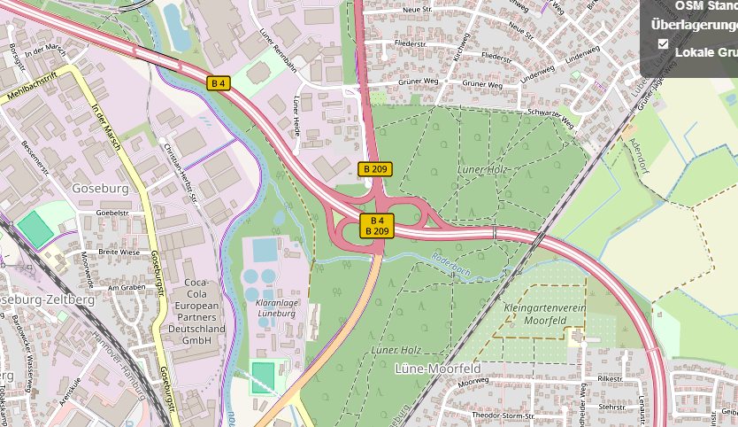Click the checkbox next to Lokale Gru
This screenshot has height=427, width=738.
pyautogui.click(x=663, y=43)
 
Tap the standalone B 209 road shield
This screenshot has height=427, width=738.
pyautogui.click(x=375, y=168)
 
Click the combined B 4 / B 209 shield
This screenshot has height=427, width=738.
pyautogui.click(x=377, y=226)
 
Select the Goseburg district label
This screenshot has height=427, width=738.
pyautogui.click(x=102, y=189)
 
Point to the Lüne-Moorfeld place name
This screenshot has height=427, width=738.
pyautogui.click(x=438, y=368)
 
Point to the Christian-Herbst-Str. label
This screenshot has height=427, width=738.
pyautogui.click(x=181, y=172)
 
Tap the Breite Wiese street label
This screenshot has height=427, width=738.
pyautogui.click(x=119, y=252)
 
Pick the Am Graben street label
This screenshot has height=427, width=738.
pyautogui.click(x=125, y=287)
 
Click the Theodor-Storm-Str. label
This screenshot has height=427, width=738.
pyautogui.click(x=503, y=415)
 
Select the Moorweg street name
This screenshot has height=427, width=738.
pyautogui.click(x=473, y=381)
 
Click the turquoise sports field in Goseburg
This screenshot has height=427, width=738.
pyautogui.click(x=35, y=229)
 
